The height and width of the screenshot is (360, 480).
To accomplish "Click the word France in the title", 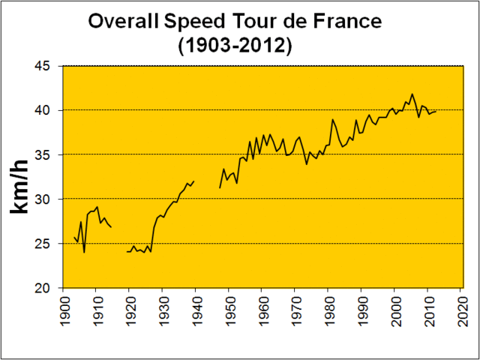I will tap(331, 22).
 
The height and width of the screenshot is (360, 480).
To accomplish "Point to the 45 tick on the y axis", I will tap(43, 66).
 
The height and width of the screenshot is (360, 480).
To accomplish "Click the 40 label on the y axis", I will tap(43, 110).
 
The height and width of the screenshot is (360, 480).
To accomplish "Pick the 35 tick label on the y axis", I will tap(43, 154).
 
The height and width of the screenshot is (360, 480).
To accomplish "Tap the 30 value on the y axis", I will tap(43, 199).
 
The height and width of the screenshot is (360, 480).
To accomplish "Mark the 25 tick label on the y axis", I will tap(43, 244).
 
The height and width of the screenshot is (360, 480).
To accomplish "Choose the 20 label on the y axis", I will tap(43, 288).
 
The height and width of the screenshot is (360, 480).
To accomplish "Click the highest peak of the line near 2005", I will tap(412, 94).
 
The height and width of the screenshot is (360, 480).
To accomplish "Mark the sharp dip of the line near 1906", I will tap(84, 252).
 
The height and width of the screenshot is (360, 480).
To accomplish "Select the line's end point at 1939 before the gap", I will tap(193, 181).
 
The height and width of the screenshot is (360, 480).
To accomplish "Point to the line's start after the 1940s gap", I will tap(220, 187).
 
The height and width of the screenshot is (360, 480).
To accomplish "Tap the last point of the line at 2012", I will tap(436, 112).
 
